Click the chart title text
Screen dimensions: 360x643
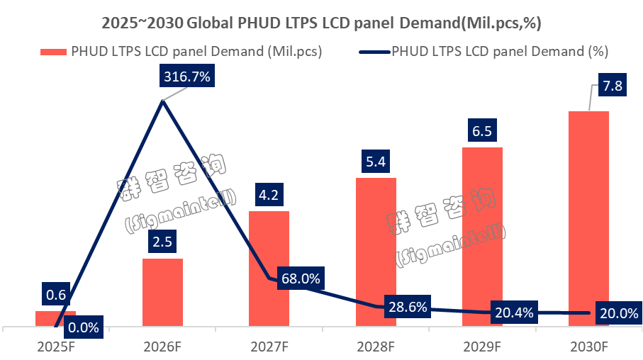321,23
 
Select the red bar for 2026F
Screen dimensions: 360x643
162,292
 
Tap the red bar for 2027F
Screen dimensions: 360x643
269,269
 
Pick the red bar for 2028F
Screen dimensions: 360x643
376,252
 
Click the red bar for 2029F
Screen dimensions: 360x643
483,237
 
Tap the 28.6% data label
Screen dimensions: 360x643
408,307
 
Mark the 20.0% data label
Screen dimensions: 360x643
616,313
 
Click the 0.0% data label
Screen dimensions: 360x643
82,327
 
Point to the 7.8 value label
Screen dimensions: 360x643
612,86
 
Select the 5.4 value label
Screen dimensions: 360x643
376,162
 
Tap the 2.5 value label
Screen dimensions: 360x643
162,242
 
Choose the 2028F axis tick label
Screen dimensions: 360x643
376,347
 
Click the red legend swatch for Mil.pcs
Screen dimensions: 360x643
54,52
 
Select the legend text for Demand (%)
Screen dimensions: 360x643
500,52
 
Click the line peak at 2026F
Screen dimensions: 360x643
163,102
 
